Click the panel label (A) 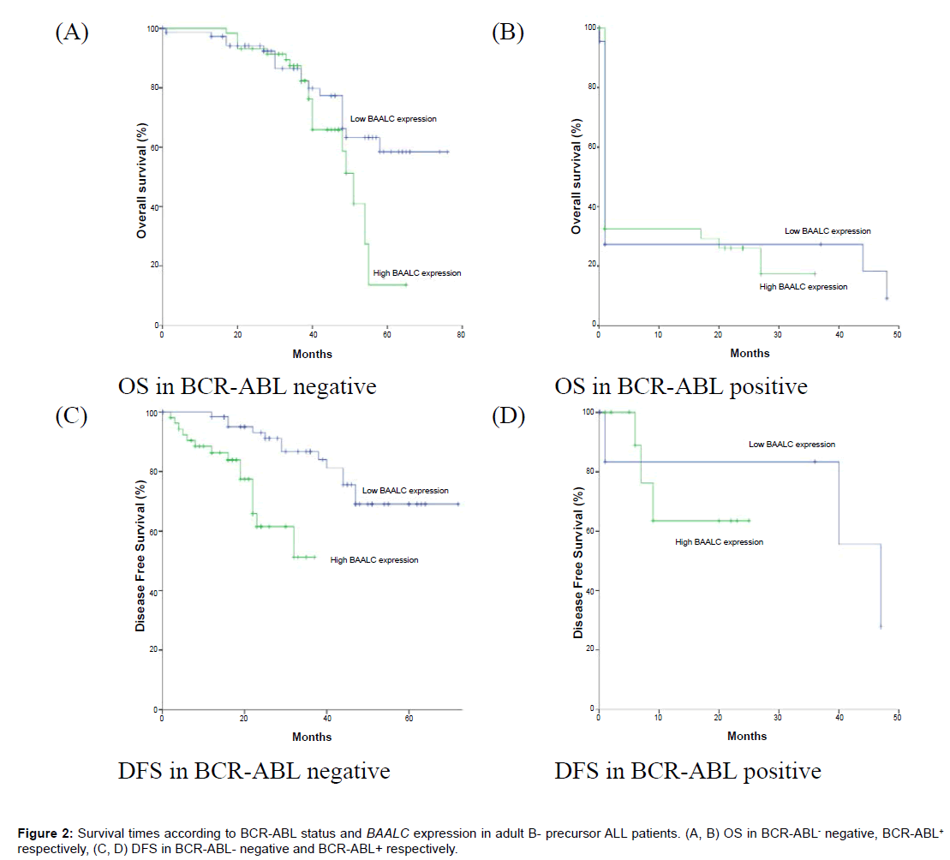(72, 33)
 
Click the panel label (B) (508, 33)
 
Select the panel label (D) (508, 417)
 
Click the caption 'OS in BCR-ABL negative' (248, 386)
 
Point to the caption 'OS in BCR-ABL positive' (680, 386)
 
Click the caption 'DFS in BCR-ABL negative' (254, 771)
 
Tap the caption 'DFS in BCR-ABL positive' (687, 771)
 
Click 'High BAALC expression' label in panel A (417, 273)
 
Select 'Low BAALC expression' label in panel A (393, 119)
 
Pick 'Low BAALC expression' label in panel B (828, 231)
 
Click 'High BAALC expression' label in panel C (374, 560)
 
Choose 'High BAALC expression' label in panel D (719, 542)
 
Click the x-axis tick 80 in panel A (462, 335)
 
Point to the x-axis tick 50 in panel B (897, 335)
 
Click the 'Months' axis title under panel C (312, 737)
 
